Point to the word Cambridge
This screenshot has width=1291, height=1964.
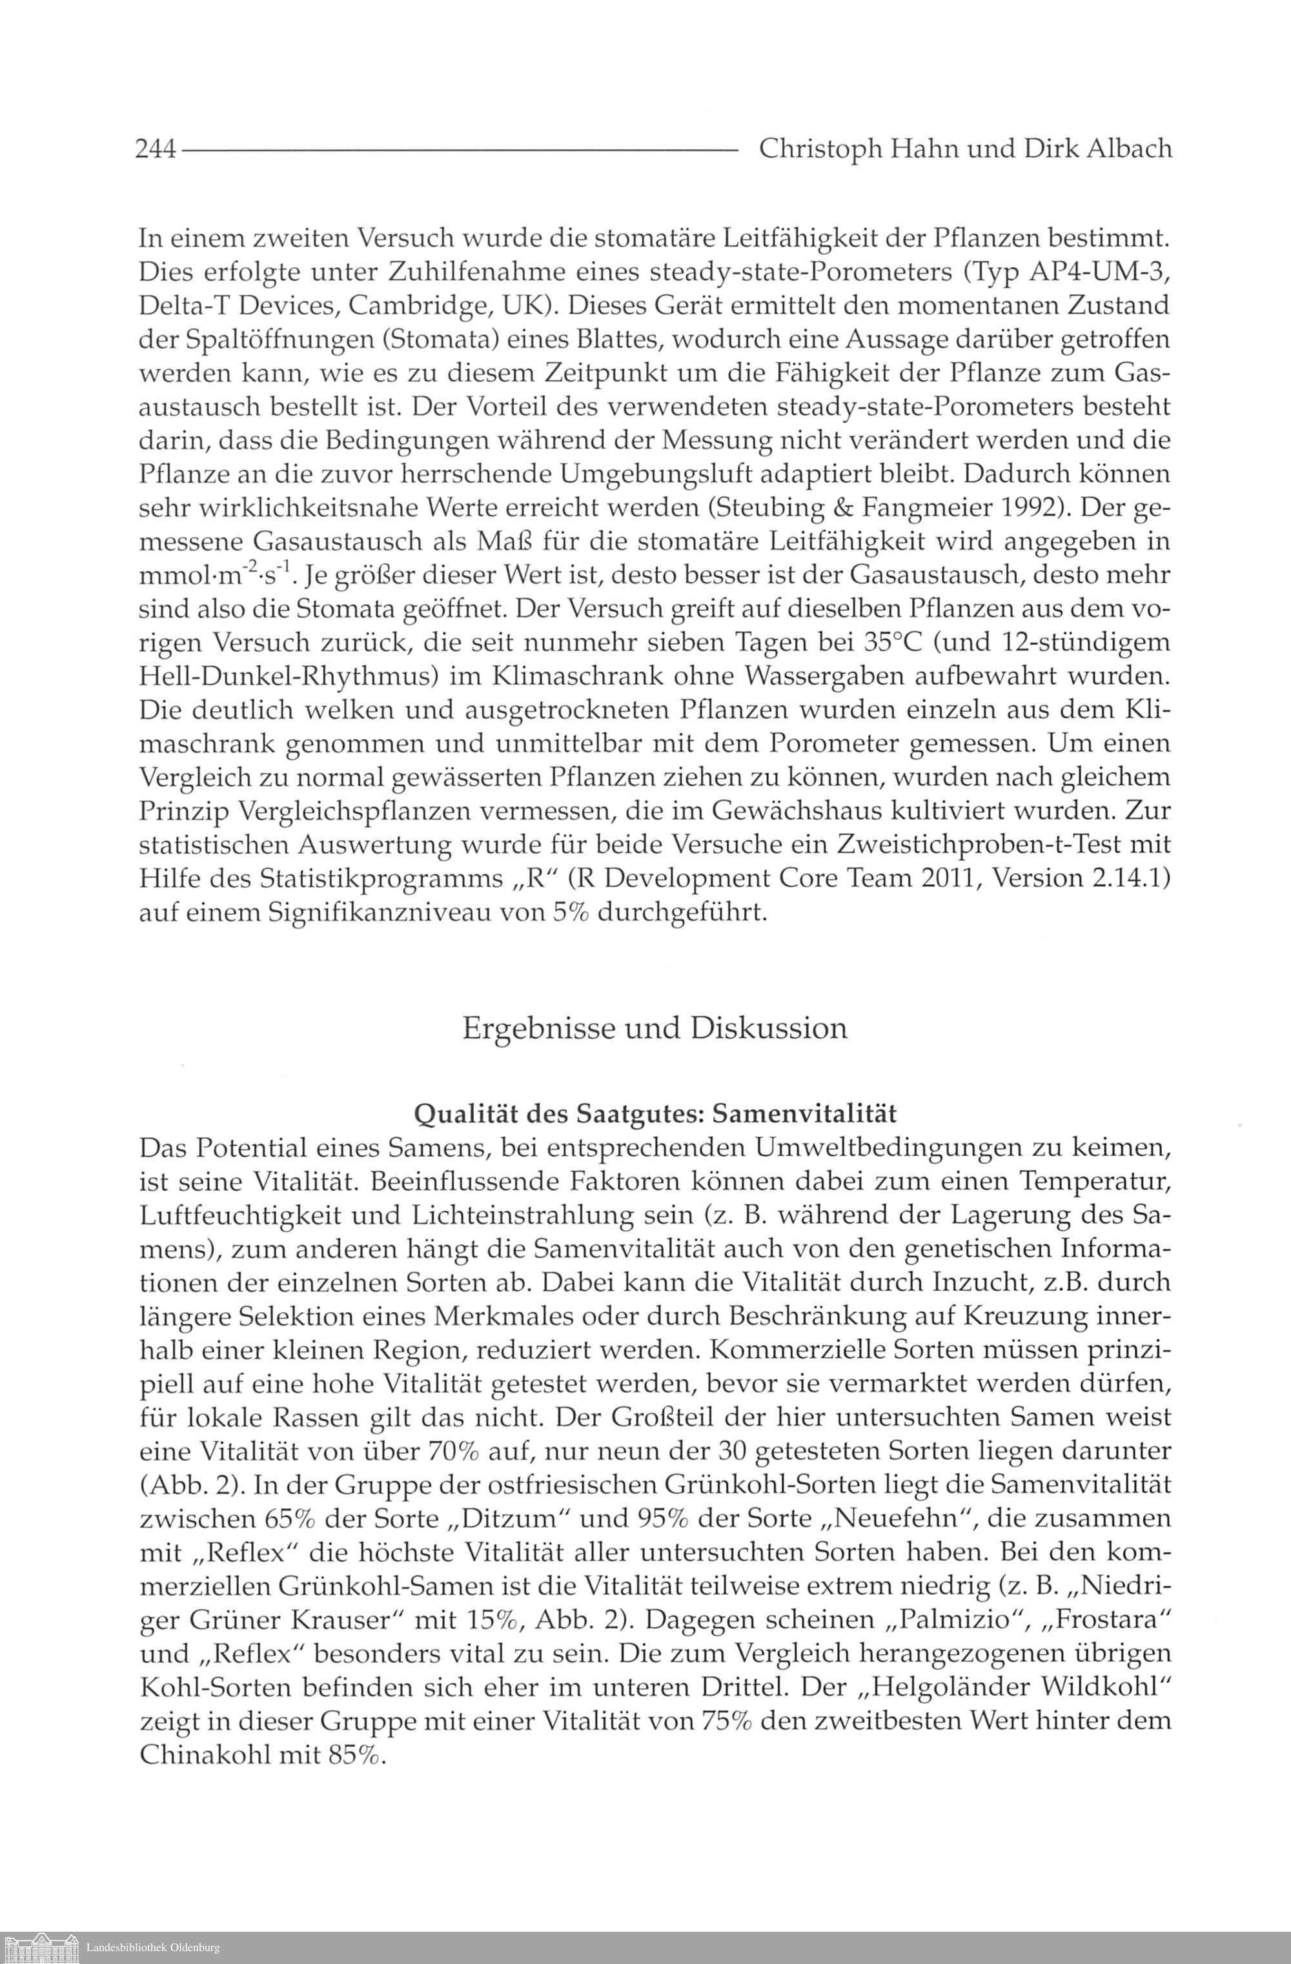[418, 305]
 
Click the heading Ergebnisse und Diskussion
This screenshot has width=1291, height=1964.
[655, 1029]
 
